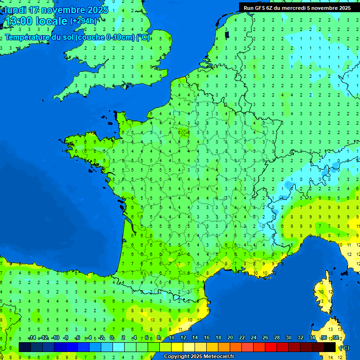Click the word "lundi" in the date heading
click(x=15, y=10)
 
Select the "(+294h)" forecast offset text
click(x=83, y=21)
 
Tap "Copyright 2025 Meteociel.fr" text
click(x=199, y=356)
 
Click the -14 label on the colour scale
click(x=32, y=338)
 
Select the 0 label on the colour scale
click(x=112, y=338)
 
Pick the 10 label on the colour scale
click(x=172, y=338)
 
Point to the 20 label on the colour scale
click(x=230, y=338)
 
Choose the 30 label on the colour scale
click(x=289, y=338)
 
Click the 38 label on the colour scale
click(x=336, y=338)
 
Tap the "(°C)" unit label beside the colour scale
click(x=344, y=347)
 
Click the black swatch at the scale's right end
click(x=330, y=347)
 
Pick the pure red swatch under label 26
click(x=271, y=347)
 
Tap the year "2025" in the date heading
click(x=98, y=10)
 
